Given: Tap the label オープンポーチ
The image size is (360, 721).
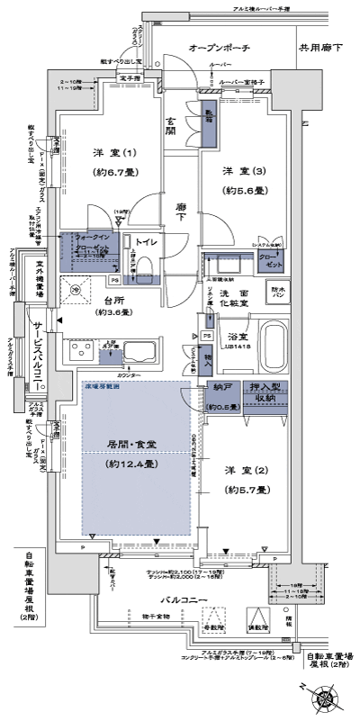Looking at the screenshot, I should point(219,47).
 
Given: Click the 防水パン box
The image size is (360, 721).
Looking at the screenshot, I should point(276,293).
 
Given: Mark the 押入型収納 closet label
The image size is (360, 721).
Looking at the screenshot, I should point(265,392).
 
